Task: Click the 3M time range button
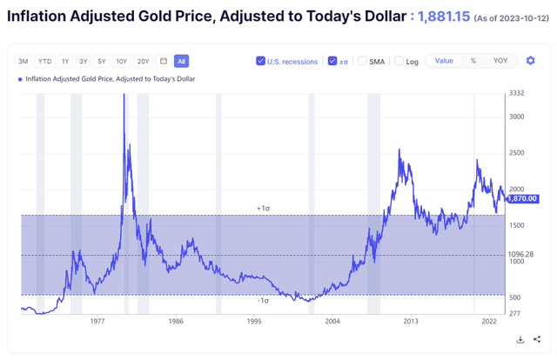23,62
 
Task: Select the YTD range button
44,62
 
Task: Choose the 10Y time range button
122,62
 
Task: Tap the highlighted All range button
181,62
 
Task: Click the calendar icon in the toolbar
164,62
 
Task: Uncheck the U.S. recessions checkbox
260,61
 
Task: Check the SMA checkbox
362,61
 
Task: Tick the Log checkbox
399,61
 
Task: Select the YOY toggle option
500,61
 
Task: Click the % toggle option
473,61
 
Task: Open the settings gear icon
530,61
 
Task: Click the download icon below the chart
520,340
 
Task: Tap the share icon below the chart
537,340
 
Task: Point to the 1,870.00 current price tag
523,199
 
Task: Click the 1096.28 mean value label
521,255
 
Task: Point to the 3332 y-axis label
516,93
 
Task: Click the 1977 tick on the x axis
97,321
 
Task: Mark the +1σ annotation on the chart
263,209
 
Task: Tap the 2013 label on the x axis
411,321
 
